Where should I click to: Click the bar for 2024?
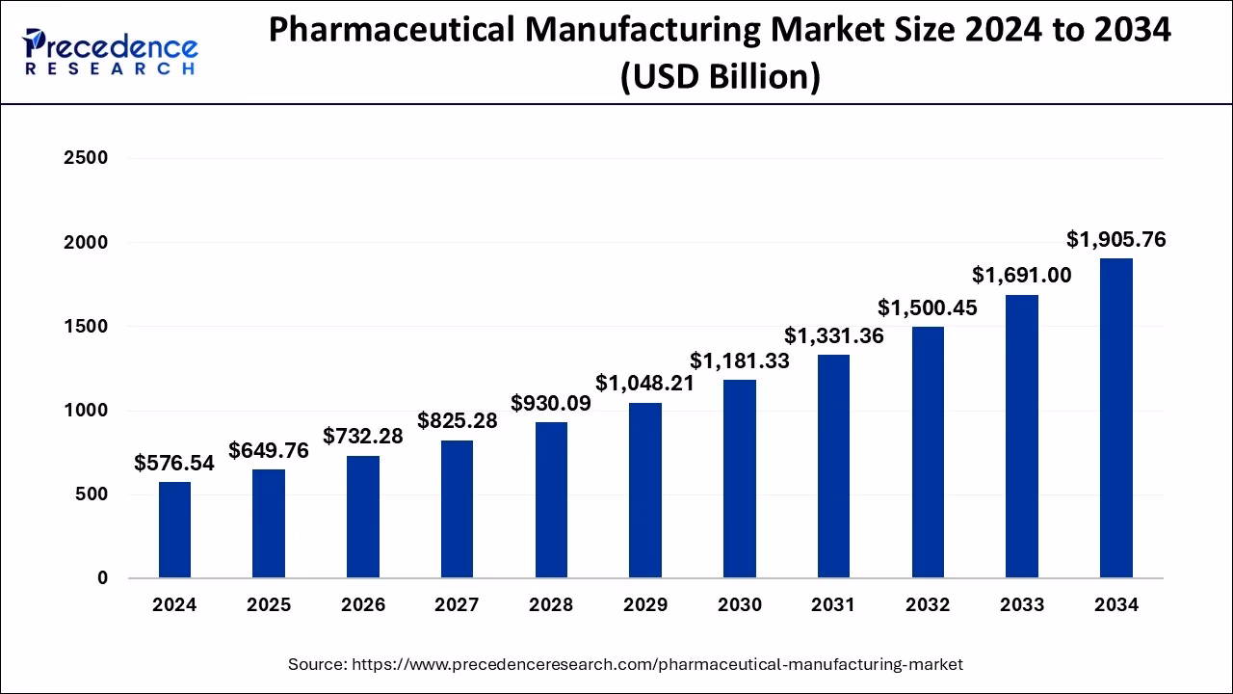click(x=174, y=530)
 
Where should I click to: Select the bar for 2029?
click(x=645, y=491)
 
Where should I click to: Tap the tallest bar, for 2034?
click(x=1115, y=418)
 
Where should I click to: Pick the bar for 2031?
click(x=833, y=467)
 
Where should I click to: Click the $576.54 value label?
click(x=174, y=464)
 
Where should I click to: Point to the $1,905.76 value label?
click(x=1115, y=240)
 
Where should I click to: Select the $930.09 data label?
click(x=551, y=403)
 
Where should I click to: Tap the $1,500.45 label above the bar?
click(x=927, y=307)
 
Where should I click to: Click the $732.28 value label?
click(x=362, y=436)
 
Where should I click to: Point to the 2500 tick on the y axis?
click(x=85, y=158)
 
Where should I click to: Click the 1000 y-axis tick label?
click(x=85, y=411)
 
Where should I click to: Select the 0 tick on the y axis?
click(x=101, y=578)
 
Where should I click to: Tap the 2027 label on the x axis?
click(x=457, y=605)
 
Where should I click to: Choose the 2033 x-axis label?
click(x=1021, y=605)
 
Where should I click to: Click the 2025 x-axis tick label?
click(x=269, y=605)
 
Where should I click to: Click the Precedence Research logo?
click(x=111, y=52)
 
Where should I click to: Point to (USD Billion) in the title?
click(x=720, y=77)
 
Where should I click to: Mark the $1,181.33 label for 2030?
click(x=739, y=361)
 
